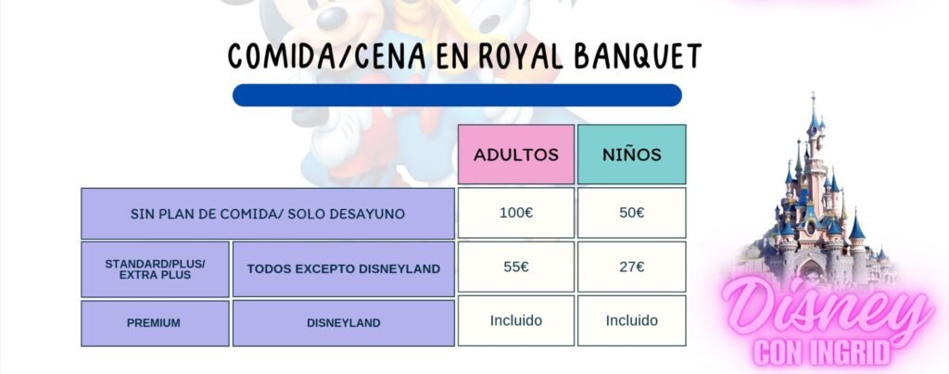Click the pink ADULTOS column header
[x=515, y=154]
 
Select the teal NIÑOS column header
[x=632, y=154]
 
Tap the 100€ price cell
[x=515, y=213]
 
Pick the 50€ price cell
[x=632, y=213]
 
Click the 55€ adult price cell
[x=515, y=267]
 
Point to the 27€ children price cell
[x=632, y=267]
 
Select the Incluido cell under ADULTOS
[x=515, y=320]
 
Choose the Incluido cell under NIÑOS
[x=632, y=320]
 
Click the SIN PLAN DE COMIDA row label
[x=268, y=214]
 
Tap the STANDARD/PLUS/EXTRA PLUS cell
[x=155, y=269]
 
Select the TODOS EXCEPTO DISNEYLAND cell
[x=343, y=269]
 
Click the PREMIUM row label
[x=155, y=323]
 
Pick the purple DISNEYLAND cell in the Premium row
[x=343, y=323]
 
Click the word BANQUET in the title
[x=638, y=56]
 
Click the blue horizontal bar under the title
[x=457, y=94]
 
